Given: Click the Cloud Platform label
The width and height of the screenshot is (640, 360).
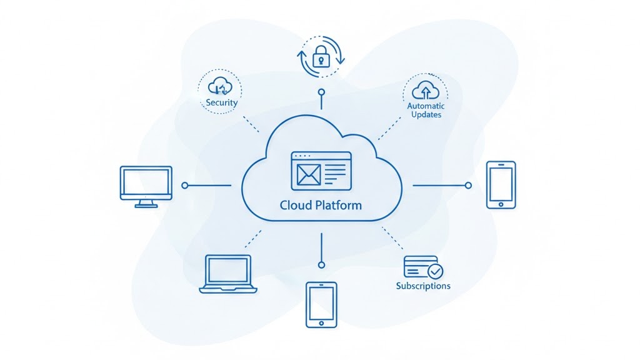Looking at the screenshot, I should coord(321,205).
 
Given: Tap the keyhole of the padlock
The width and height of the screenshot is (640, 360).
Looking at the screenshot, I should coord(321,61).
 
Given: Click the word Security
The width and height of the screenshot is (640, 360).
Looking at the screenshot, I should coord(222,102).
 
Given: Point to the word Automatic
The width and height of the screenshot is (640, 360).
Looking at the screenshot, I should coord(426,106).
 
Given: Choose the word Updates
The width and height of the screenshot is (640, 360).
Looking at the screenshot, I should coord(426,115).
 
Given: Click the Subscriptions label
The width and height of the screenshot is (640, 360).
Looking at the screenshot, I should coord(423,286).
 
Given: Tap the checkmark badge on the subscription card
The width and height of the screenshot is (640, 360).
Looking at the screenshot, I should coord(435,271).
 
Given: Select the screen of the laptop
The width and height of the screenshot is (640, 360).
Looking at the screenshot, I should coord(228,269).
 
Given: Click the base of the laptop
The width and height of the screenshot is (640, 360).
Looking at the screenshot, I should coord(228,289).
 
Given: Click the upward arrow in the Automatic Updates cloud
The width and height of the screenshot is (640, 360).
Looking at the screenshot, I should coord(426,93).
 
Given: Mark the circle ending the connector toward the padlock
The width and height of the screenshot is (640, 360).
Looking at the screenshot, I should coord(321,92).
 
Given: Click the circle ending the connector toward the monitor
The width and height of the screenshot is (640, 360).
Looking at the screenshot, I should coord(184,186).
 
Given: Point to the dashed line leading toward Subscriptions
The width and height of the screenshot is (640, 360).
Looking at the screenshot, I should coord(393,238).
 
